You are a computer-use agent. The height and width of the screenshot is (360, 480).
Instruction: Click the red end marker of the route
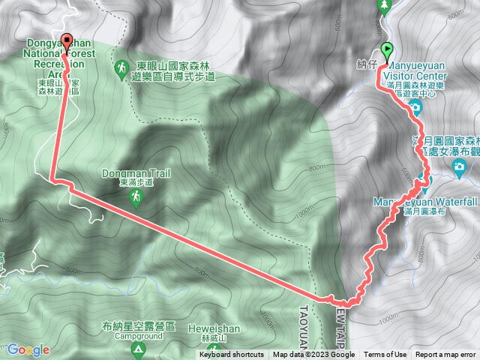click(67, 42)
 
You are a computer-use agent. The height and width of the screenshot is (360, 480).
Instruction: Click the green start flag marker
click(387, 51)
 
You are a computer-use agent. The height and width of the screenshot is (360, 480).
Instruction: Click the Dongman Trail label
click(136, 173)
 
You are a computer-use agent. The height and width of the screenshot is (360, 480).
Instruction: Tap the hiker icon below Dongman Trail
click(136, 197)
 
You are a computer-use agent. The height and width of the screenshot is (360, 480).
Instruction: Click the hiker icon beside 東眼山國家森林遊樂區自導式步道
click(121, 69)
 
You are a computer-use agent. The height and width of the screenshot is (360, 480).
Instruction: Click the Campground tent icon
click(138, 349)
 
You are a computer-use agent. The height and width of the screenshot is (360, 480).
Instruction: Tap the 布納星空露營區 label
click(140, 327)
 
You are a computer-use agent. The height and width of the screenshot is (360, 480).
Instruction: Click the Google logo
click(28, 349)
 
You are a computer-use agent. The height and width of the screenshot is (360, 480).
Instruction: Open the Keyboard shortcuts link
click(231, 355)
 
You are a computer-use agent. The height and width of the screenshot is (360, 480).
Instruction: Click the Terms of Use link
click(386, 355)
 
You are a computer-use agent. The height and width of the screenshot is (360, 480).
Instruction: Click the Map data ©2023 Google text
click(313, 355)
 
